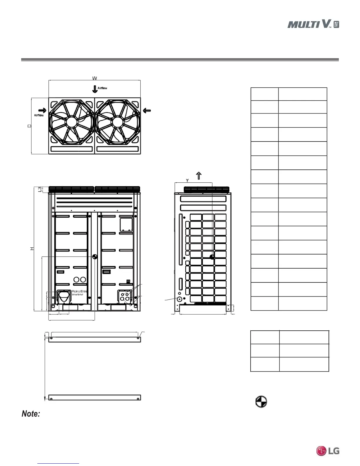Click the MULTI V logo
pyautogui.click(x=313, y=24)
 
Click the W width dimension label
pyautogui.click(x=94, y=78)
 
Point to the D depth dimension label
pyautogui.click(x=29, y=126)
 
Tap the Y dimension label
pyautogui.click(x=187, y=180)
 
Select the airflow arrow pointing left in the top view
pyautogui.click(x=147, y=110)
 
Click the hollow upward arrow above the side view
pyautogui.click(x=199, y=176)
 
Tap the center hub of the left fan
pyautogui.click(x=71, y=122)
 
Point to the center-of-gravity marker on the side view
pyautogui.click(x=212, y=257)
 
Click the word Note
pyautogui.click(x=31, y=414)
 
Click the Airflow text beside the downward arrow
pyautogui.click(x=102, y=88)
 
